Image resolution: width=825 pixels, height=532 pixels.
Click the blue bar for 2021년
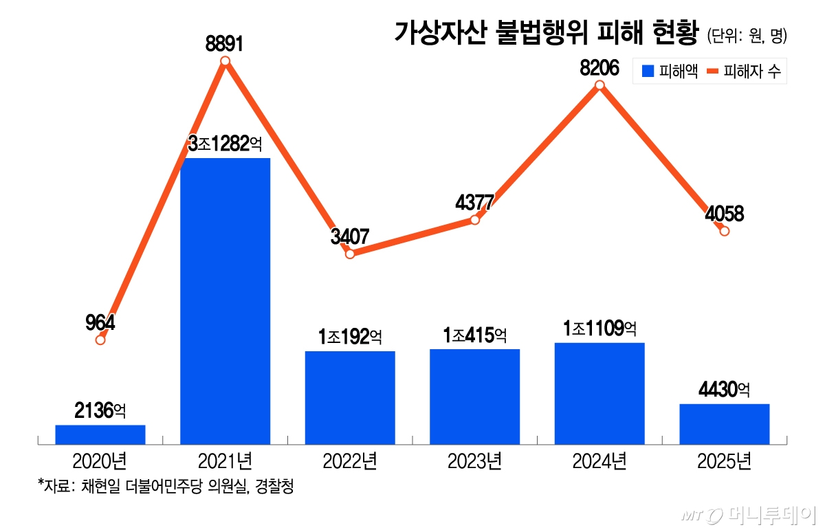pos(225,301)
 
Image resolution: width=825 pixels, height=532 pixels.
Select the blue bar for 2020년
pos(100,434)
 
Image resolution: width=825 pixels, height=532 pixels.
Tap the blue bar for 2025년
pos(724,423)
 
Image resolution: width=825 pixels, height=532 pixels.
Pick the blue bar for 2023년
pos(474,397)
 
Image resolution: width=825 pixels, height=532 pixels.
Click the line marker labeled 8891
pos(225,62)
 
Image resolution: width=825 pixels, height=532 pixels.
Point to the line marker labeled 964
pos(100,340)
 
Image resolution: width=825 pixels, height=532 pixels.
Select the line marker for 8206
pos(599,85)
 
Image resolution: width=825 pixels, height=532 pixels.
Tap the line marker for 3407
pos(350,254)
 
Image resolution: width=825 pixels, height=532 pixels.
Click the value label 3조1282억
pos(225,144)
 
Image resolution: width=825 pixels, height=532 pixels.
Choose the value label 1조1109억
pos(599,329)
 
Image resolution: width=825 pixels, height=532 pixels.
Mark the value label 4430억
pos(724,390)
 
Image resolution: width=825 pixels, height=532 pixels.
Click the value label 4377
pos(474,203)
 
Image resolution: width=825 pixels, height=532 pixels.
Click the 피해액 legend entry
pos(669,71)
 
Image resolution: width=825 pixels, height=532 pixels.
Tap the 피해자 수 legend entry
pos(745,71)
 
